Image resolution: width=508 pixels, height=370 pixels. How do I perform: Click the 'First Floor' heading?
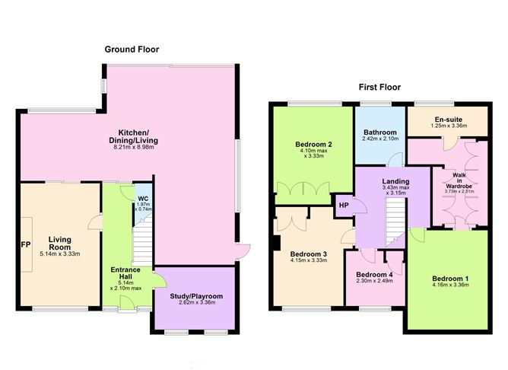click(x=380, y=88)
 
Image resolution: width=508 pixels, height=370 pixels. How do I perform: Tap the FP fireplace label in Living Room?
click(x=25, y=247)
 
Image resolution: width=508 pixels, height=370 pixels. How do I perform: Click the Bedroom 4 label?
click(x=374, y=275)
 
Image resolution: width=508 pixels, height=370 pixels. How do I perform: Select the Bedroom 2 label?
click(x=314, y=144)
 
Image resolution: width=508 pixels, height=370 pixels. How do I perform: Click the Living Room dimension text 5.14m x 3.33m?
click(x=60, y=254)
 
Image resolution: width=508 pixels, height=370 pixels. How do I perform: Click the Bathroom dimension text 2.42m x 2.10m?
click(x=380, y=139)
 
